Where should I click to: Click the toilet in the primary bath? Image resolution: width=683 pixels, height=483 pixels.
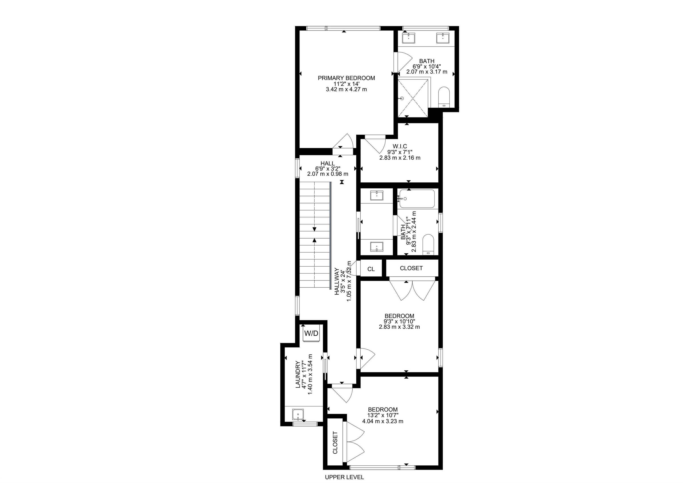click(444, 97)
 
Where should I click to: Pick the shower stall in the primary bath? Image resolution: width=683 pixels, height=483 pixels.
click(414, 97)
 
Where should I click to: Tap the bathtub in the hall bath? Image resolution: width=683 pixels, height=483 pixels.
click(417, 199)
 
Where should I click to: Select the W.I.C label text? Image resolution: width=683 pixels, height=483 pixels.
click(400, 146)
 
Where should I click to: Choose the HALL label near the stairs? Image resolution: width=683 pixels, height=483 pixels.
click(327, 163)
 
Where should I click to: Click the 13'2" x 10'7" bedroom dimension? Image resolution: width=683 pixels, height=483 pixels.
click(383, 415)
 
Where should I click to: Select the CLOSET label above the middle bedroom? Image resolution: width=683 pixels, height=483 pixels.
click(411, 268)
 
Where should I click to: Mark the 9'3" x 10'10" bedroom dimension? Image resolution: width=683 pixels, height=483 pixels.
click(400, 321)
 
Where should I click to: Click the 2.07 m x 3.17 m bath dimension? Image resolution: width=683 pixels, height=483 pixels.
click(427, 72)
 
